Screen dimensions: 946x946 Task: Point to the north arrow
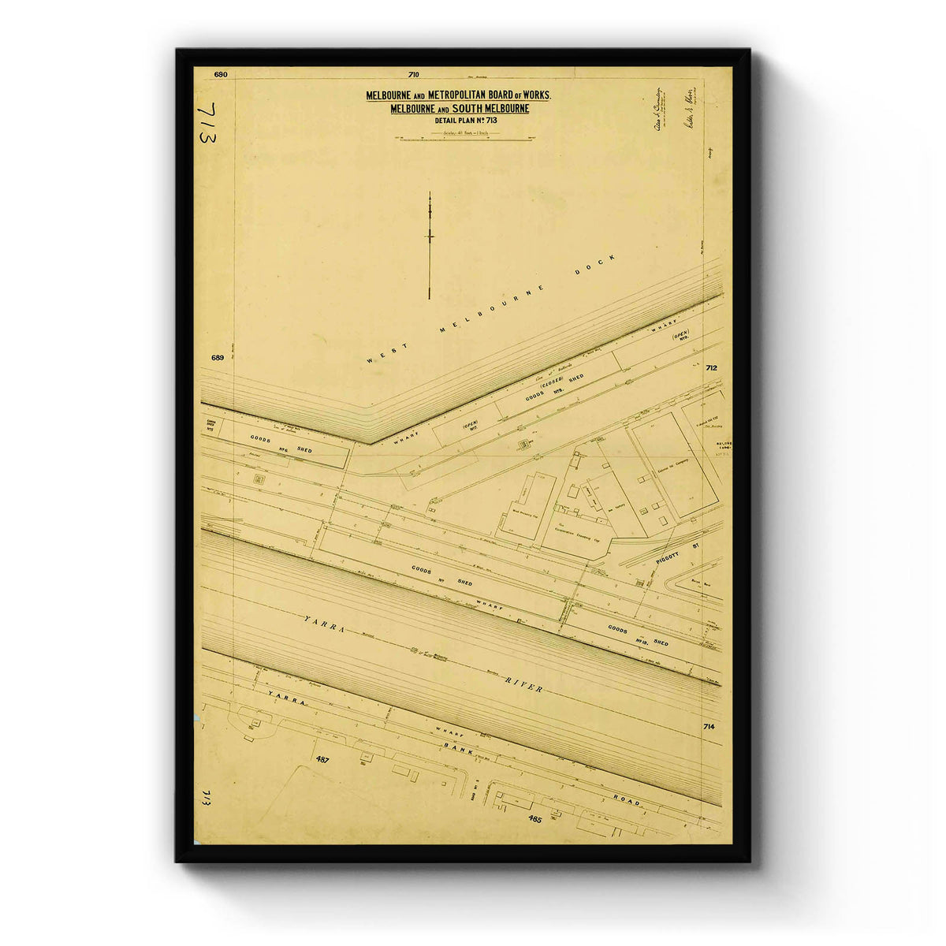click(430, 244)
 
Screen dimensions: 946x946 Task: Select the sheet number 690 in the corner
click(220, 75)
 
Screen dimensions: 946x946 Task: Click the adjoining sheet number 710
click(414, 75)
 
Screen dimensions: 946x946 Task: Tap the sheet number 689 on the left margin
click(218, 358)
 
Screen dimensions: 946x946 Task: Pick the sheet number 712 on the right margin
click(711, 367)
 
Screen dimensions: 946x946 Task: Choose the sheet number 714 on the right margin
click(709, 726)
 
